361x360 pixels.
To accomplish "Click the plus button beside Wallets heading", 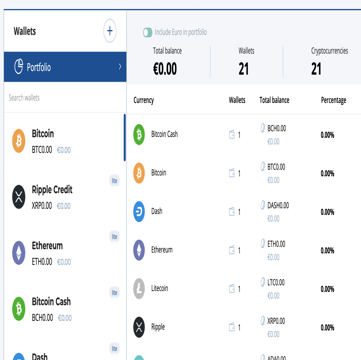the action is tap(110, 31).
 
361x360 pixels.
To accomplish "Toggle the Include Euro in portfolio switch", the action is tap(148, 33).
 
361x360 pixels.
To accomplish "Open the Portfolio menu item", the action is tap(65, 67).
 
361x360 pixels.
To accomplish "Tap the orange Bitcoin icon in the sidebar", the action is tap(19, 141).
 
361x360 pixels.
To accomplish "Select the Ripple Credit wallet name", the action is tap(52, 190).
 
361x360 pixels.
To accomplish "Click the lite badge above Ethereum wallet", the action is tap(114, 236).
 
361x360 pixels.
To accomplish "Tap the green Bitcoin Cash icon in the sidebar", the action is tap(19, 309).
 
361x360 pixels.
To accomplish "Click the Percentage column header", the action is tap(333, 100).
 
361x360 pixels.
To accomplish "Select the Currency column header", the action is tap(144, 100).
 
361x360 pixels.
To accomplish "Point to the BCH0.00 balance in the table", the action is tap(276, 129).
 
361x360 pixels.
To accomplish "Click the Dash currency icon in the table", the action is tap(139, 212).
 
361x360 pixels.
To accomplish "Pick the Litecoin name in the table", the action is tap(160, 288).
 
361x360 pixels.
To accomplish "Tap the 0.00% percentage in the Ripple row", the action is tap(327, 327).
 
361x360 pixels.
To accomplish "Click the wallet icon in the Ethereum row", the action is tap(232, 250).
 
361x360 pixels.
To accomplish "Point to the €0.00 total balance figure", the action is tap(165, 69).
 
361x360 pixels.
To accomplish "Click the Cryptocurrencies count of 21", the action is tap(316, 69).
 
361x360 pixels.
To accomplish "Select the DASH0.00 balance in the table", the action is tap(278, 206).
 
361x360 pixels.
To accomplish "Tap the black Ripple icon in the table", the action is tap(139, 327).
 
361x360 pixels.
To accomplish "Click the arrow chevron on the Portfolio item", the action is tap(120, 67).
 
